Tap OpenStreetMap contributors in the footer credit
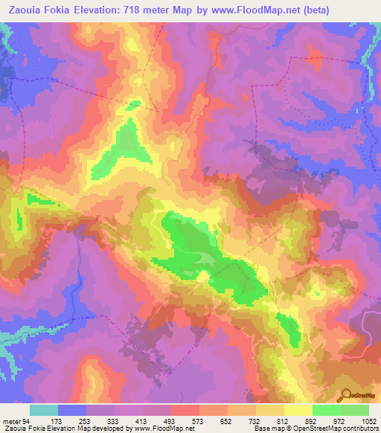tap(331, 429)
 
